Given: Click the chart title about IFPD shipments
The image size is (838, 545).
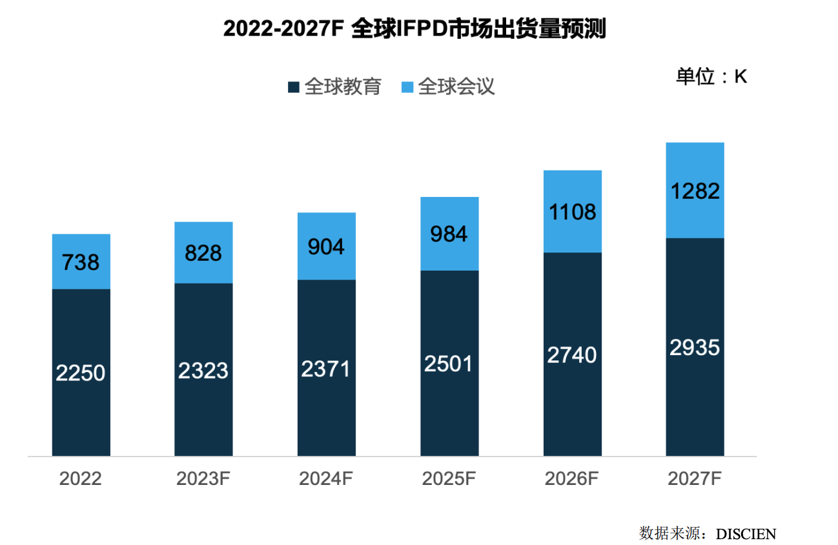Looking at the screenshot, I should pyautogui.click(x=414, y=29).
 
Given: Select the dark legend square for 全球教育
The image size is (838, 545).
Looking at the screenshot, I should pyautogui.click(x=294, y=87).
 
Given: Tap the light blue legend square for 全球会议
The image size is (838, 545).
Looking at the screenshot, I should pyautogui.click(x=407, y=87).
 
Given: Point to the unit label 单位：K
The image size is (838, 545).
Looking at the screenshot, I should pyautogui.click(x=711, y=77).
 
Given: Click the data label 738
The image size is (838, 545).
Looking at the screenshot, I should pyautogui.click(x=81, y=262).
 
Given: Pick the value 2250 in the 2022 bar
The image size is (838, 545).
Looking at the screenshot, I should pyautogui.click(x=81, y=373).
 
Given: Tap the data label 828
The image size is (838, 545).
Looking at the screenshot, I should pyautogui.click(x=203, y=253).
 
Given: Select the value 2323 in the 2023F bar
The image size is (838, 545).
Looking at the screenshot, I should pyautogui.click(x=203, y=371).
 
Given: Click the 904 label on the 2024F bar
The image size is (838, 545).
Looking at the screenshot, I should pyautogui.click(x=326, y=247).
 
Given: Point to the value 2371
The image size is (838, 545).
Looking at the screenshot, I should pyautogui.click(x=326, y=369).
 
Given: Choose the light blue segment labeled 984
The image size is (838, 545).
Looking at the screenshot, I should pyautogui.click(x=449, y=234).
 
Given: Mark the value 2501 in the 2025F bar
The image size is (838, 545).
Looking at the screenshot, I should pyautogui.click(x=449, y=364).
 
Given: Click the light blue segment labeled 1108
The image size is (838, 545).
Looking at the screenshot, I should pyautogui.click(x=572, y=211).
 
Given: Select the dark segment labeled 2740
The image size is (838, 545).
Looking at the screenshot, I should pyautogui.click(x=572, y=355).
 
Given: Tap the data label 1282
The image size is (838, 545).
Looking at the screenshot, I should pyautogui.click(x=695, y=191).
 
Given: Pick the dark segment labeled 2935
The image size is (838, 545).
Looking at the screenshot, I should pyautogui.click(x=695, y=347).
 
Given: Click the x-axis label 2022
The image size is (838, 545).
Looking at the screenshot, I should pyautogui.click(x=81, y=479).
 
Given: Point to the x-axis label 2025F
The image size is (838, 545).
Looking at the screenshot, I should pyautogui.click(x=449, y=479).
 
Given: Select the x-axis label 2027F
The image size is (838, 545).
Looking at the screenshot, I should pyautogui.click(x=695, y=479).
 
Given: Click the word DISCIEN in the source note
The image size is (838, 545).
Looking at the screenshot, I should pyautogui.click(x=746, y=533).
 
